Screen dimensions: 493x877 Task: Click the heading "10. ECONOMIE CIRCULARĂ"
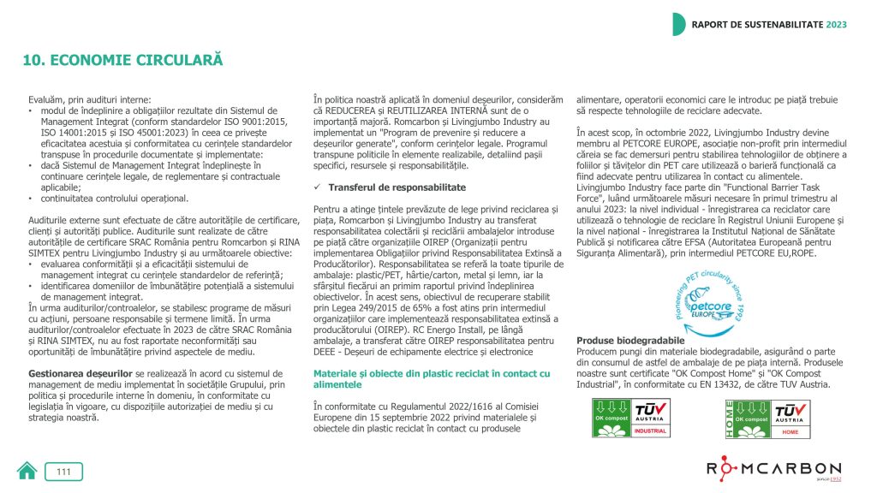click(x=122, y=61)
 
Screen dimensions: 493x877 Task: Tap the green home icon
click(x=27, y=471)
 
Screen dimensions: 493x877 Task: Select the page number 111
click(x=64, y=472)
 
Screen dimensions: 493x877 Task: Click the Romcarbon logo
click(x=773, y=470)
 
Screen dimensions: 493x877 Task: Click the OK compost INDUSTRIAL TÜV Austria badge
click(x=632, y=419)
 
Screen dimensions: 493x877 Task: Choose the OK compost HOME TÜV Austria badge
click(x=764, y=419)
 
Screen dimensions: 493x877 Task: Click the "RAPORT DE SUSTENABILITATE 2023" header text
click(x=769, y=24)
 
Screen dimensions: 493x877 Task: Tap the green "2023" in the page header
click(x=837, y=24)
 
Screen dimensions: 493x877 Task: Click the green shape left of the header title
click(x=678, y=24)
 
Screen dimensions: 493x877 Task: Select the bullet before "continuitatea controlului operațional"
click(x=32, y=198)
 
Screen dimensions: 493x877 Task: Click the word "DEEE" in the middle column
click(x=328, y=351)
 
